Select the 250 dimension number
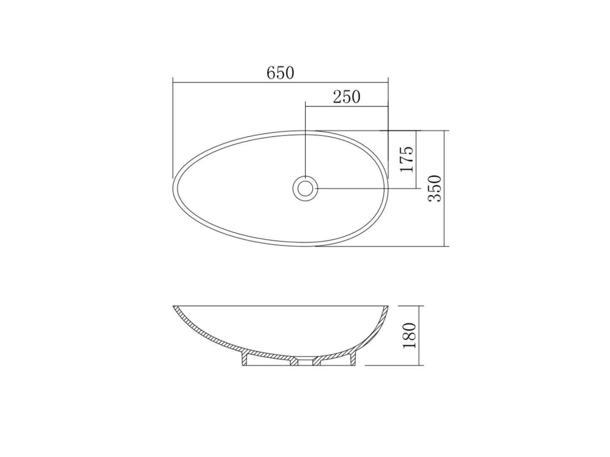(346, 97)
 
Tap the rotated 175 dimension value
(406, 160)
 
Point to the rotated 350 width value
(435, 188)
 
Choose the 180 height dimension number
(410, 336)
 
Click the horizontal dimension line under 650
(237, 82)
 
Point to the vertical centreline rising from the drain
(305, 140)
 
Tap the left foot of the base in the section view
(245, 360)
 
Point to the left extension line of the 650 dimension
(173, 127)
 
